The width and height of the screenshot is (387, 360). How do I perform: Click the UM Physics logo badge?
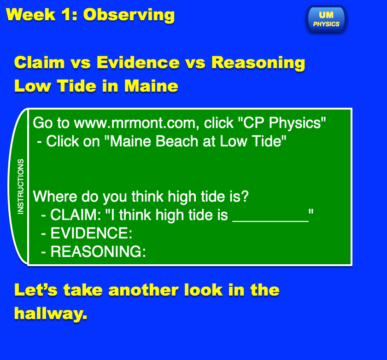(326, 19)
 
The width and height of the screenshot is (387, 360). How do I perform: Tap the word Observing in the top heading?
(129, 15)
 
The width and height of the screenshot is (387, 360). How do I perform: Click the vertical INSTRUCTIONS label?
(21, 186)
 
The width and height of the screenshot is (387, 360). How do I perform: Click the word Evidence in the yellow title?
(138, 63)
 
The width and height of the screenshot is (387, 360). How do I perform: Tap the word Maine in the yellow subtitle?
(151, 86)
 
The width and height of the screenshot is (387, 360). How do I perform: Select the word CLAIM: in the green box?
(76, 215)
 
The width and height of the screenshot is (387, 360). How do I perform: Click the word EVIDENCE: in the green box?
(91, 233)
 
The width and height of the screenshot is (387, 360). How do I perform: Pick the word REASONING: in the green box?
(98, 251)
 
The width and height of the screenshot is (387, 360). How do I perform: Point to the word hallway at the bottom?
(51, 314)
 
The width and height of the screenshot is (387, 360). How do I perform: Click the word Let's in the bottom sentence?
(36, 290)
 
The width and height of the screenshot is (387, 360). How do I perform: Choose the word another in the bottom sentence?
(143, 290)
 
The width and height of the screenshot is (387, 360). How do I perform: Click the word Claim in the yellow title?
(40, 63)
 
